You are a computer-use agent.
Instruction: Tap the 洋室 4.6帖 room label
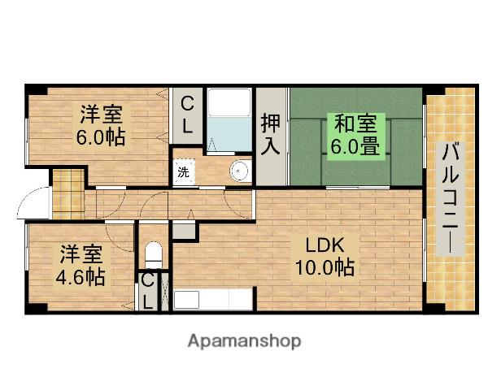point(79,265)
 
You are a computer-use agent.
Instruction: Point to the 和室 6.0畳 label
point(356,136)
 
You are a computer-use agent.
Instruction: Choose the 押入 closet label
point(271,135)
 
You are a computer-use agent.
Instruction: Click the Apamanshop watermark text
point(244,340)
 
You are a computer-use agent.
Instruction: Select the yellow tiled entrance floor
point(68,193)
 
